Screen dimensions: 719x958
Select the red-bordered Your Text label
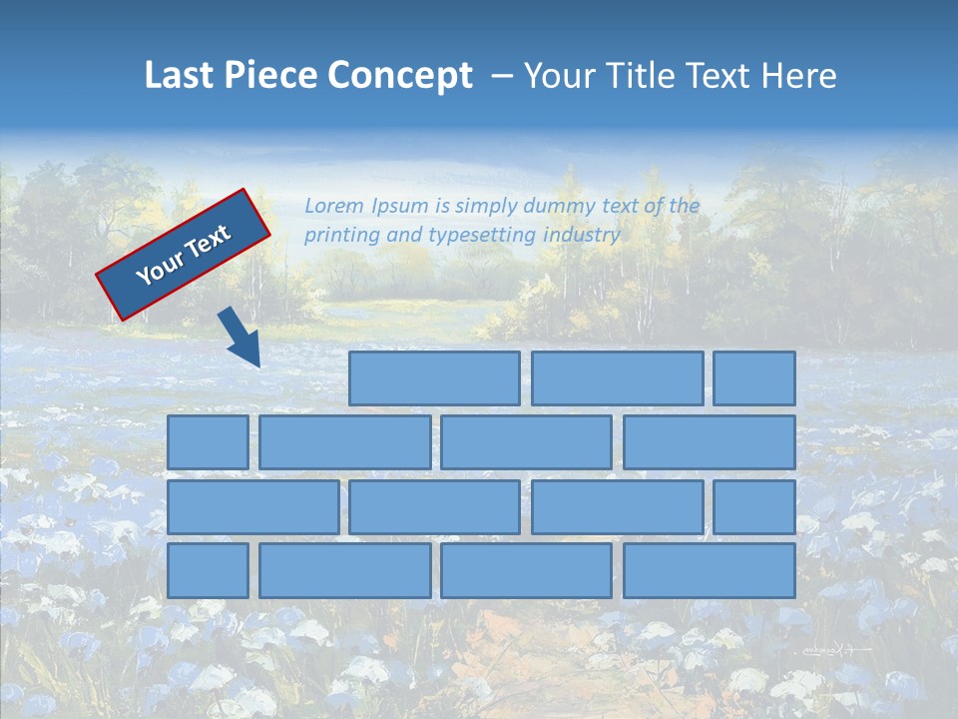[184, 254]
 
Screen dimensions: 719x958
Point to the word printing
[340, 236]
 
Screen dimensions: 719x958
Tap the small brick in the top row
[754, 378]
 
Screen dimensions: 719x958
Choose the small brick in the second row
[208, 442]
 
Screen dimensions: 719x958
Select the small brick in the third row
[754, 506]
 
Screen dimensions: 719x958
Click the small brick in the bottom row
[208, 570]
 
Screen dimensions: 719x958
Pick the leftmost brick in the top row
[434, 378]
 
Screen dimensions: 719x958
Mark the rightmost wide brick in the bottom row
[710, 570]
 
